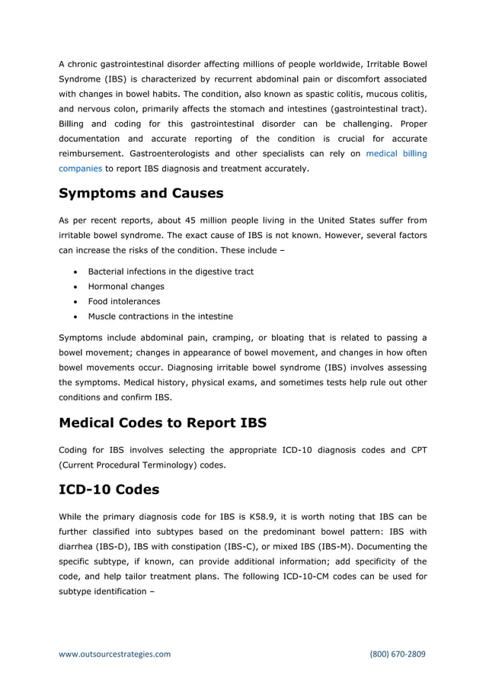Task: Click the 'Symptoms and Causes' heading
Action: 141,193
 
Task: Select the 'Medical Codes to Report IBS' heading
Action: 162,422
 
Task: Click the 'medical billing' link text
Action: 396,153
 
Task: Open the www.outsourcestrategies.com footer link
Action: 115,654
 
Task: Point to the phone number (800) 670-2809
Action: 398,654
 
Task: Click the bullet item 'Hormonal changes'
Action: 126,286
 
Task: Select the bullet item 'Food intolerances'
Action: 124,301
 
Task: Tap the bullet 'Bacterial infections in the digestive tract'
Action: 171,272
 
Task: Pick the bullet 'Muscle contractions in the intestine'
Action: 161,316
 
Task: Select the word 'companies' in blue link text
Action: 80,169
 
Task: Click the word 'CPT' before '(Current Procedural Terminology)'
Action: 417,450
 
